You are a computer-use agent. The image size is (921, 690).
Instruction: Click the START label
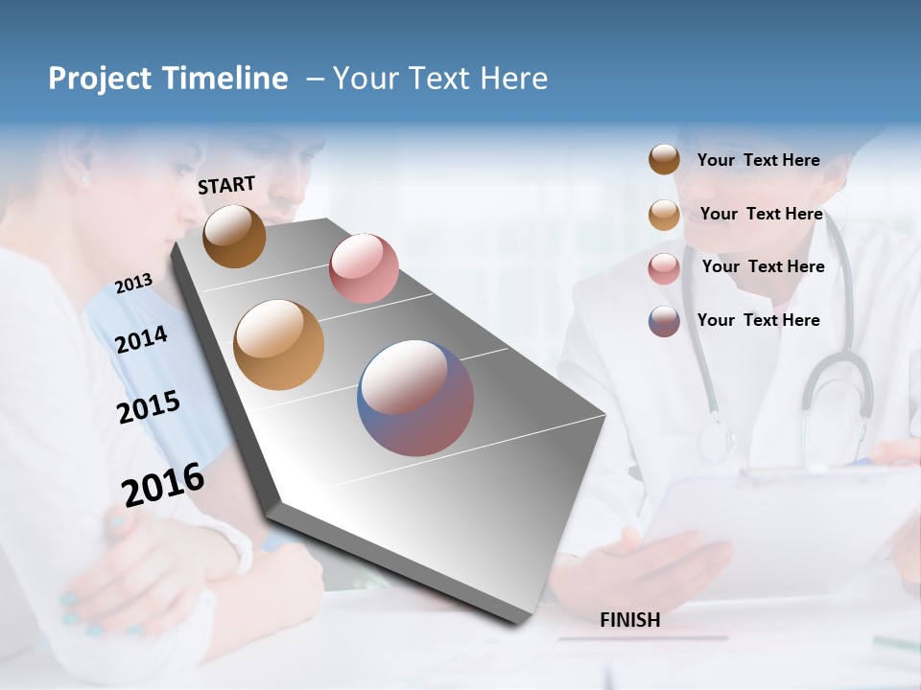(226, 185)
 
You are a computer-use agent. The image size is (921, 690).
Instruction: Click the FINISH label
(629, 620)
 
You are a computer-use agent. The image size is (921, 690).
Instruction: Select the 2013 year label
(133, 284)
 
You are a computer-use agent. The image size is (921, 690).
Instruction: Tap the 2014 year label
(141, 339)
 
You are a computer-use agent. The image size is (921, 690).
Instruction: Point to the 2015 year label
(148, 407)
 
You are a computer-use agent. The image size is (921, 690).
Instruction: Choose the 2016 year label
(163, 484)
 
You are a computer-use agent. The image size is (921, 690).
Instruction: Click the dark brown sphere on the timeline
(234, 236)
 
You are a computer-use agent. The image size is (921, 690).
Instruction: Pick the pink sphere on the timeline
(364, 267)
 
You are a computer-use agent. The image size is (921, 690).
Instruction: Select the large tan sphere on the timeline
(279, 345)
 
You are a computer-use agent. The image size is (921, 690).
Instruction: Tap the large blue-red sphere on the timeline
(415, 398)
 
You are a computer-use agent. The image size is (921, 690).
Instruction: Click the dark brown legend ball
(664, 160)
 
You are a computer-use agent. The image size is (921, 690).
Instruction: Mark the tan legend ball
(664, 215)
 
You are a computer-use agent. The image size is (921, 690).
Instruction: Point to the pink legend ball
(664, 268)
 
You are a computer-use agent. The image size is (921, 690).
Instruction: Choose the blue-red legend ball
(664, 321)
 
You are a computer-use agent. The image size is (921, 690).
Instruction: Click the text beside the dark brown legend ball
(758, 160)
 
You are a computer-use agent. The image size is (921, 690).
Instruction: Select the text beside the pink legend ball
(763, 266)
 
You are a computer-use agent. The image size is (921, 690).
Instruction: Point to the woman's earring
(83, 179)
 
